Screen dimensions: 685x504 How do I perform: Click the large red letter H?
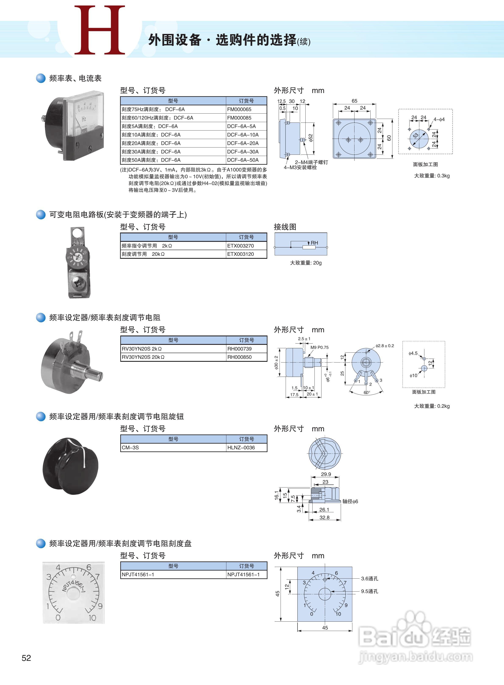pyautogui.click(x=100, y=30)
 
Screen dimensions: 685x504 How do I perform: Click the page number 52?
pyautogui.click(x=26, y=658)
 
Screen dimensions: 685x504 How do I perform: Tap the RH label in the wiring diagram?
pyautogui.click(x=314, y=243)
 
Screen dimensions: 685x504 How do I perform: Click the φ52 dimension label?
pyautogui.click(x=311, y=138)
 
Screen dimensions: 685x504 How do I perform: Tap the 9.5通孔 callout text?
pyautogui.click(x=370, y=591)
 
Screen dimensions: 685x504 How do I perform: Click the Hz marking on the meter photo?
pyautogui.click(x=84, y=119)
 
